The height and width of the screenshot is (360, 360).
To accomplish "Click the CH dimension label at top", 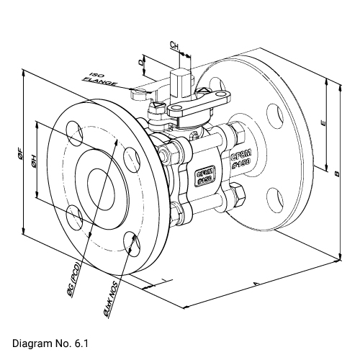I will tap(174, 45).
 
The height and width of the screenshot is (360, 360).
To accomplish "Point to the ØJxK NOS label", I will tap(109, 302).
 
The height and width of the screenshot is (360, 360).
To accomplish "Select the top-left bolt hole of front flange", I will tap(74, 132).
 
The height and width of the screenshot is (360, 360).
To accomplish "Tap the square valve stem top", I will tap(179, 76).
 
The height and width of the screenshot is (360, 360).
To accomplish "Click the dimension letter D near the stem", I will tap(142, 62).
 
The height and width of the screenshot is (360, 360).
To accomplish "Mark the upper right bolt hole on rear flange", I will tap(275, 114).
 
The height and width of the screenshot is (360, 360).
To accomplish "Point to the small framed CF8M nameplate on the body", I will tap(204, 176).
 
